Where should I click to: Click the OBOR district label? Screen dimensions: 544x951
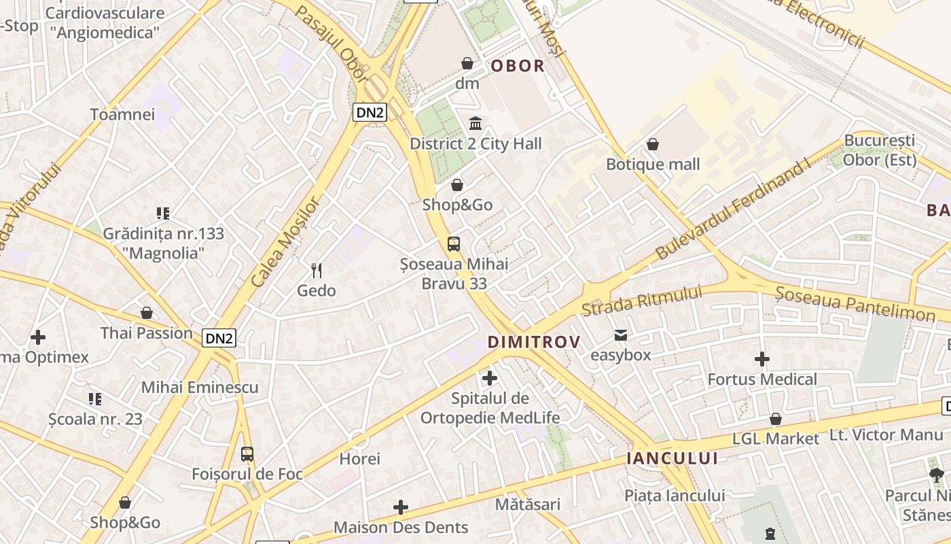(x=518, y=66)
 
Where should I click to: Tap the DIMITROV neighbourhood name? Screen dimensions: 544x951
(x=535, y=342)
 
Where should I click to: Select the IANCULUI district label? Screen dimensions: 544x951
(x=672, y=458)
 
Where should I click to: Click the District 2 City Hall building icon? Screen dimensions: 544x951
(x=475, y=124)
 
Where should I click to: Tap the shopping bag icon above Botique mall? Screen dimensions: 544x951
(x=653, y=144)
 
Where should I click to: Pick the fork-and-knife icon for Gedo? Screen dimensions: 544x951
(x=317, y=271)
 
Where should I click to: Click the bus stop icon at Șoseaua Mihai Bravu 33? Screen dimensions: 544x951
(x=454, y=244)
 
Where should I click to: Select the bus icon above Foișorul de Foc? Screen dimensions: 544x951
(x=247, y=454)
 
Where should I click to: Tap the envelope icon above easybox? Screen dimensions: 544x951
(x=621, y=335)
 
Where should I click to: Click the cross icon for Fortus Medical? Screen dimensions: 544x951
(x=762, y=359)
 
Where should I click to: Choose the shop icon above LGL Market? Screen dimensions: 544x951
(x=776, y=419)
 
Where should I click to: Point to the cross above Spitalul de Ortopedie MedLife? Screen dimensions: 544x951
(x=489, y=378)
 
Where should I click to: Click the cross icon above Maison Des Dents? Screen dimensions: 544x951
(x=401, y=507)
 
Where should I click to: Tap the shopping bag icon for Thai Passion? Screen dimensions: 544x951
(x=147, y=313)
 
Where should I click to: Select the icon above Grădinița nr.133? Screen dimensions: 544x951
(x=162, y=214)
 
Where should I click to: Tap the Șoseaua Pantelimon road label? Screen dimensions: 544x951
(x=855, y=303)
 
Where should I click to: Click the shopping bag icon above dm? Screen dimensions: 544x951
(x=467, y=63)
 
